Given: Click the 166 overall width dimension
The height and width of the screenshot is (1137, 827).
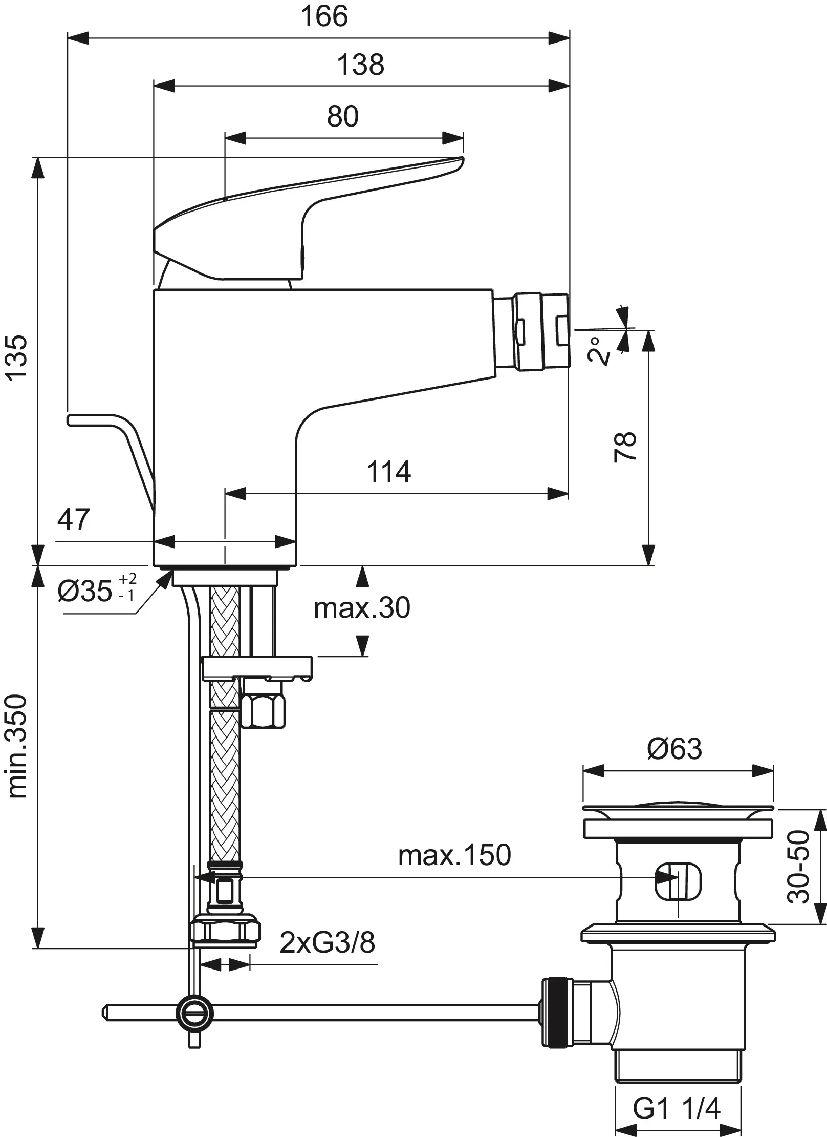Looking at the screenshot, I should pyautogui.click(x=324, y=16).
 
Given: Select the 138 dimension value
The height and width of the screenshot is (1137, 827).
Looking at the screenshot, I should pyautogui.click(x=360, y=65).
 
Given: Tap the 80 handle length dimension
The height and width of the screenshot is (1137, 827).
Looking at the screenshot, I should pyautogui.click(x=343, y=116).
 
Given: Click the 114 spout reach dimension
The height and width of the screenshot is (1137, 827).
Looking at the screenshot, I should pyautogui.click(x=388, y=472).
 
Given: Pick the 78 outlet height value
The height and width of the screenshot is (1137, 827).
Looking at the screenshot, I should pyautogui.click(x=625, y=447).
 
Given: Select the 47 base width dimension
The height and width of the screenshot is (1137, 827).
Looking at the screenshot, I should pyautogui.click(x=73, y=519).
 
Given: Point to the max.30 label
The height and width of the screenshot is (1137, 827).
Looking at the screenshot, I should pyautogui.click(x=362, y=608).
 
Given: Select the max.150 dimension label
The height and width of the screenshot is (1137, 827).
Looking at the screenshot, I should pyautogui.click(x=454, y=855).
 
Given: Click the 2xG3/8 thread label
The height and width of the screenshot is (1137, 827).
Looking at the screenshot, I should pyautogui.click(x=328, y=942).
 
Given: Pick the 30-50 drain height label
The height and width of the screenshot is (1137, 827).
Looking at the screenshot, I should pyautogui.click(x=799, y=867).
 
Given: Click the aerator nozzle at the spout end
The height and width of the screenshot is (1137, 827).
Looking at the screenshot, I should pyautogui.click(x=542, y=331).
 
